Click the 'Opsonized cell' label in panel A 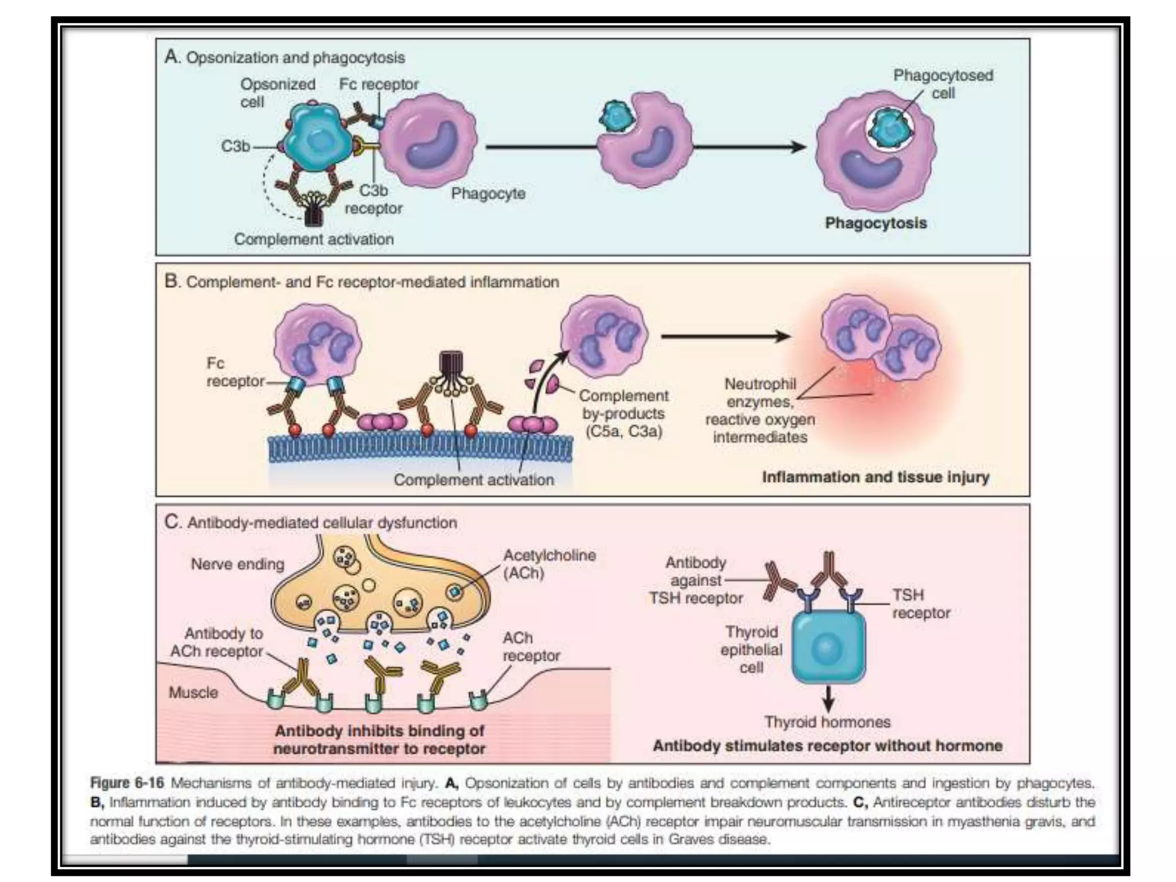point(277,93)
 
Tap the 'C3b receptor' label point(373,199)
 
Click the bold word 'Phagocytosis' point(876,223)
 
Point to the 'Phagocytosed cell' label point(943,84)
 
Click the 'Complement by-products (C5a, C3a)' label point(624,413)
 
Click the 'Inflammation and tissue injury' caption point(875,477)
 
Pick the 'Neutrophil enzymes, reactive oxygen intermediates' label point(760,410)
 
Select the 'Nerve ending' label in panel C point(237,564)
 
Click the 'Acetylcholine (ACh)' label point(548,564)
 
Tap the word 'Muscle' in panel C point(193,693)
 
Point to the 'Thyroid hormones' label point(827,722)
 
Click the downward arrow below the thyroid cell point(827,698)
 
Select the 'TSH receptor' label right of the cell point(920,604)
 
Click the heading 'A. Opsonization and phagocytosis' point(284,57)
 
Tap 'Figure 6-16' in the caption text point(127,783)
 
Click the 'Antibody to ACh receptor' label point(216,643)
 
